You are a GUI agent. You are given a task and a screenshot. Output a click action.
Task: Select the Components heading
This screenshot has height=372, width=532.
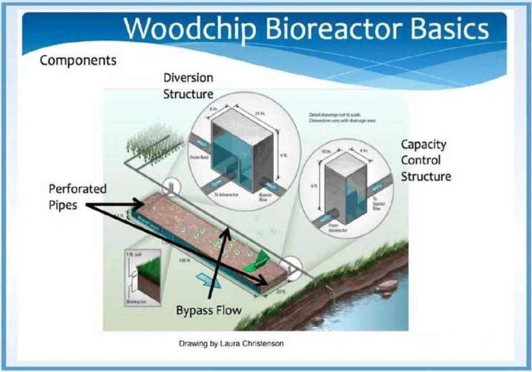coord(78,60)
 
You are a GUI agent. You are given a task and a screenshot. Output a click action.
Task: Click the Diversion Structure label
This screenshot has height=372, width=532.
coord(188,85)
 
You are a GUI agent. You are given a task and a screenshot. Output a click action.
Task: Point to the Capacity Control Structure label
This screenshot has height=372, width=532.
coord(425,160)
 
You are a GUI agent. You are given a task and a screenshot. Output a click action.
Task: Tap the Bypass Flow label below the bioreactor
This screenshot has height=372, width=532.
coord(209,310)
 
